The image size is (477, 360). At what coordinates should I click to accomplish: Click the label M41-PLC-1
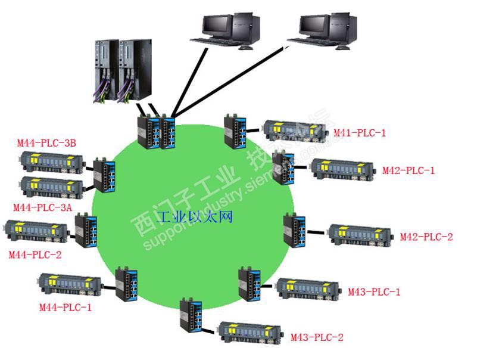point(359,132)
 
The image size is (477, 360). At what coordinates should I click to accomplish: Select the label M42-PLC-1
point(409,170)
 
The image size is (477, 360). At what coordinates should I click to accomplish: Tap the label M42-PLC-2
point(426,237)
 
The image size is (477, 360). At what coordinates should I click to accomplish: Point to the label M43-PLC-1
point(374,291)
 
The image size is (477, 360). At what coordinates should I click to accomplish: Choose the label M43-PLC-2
point(317,337)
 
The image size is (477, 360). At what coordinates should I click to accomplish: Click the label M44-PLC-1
point(66,308)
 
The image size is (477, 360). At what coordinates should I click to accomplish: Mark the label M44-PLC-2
point(35,255)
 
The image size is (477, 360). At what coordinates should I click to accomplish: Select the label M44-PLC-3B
point(46,142)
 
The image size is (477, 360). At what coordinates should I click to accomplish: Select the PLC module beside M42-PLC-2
point(360,234)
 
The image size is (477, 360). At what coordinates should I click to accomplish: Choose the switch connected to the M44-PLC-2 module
point(86,230)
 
